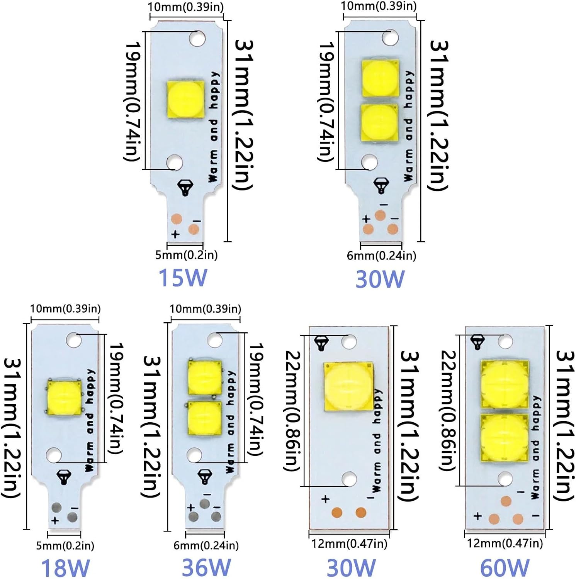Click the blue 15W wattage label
tap(183, 278)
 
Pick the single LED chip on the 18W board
tap(65, 397)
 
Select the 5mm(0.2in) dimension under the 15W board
tap(186, 255)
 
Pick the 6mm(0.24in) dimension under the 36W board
tap(206, 545)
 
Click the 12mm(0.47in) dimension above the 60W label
tap(505, 543)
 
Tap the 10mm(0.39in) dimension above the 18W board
tap(65, 309)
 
